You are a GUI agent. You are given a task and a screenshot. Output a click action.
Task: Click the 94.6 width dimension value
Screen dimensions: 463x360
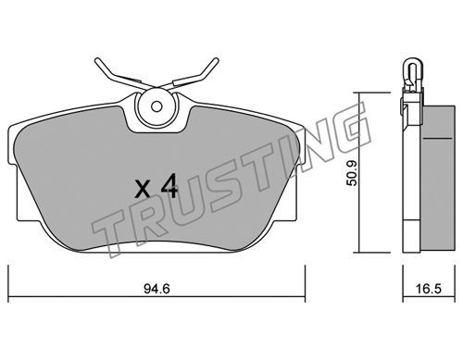pyautogui.click(x=156, y=289)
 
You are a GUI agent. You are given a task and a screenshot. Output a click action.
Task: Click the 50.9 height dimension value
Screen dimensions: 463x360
pyautogui.click(x=352, y=173)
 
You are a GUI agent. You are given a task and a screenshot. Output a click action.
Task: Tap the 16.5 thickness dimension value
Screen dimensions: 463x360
pyautogui.click(x=429, y=289)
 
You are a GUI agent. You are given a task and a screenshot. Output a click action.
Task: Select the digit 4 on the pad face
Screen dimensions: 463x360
pyautogui.click(x=169, y=185)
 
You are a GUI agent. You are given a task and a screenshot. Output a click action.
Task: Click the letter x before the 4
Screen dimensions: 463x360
pyautogui.click(x=143, y=190)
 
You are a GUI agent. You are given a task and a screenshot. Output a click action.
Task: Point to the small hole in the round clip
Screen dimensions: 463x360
pyautogui.click(x=156, y=106)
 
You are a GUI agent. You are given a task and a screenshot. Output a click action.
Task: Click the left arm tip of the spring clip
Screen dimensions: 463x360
pyautogui.click(x=97, y=60)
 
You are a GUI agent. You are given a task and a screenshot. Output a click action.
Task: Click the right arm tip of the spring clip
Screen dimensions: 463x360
pyautogui.click(x=217, y=60)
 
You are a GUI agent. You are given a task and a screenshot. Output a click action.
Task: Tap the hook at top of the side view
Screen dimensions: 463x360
pyautogui.click(x=412, y=72)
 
